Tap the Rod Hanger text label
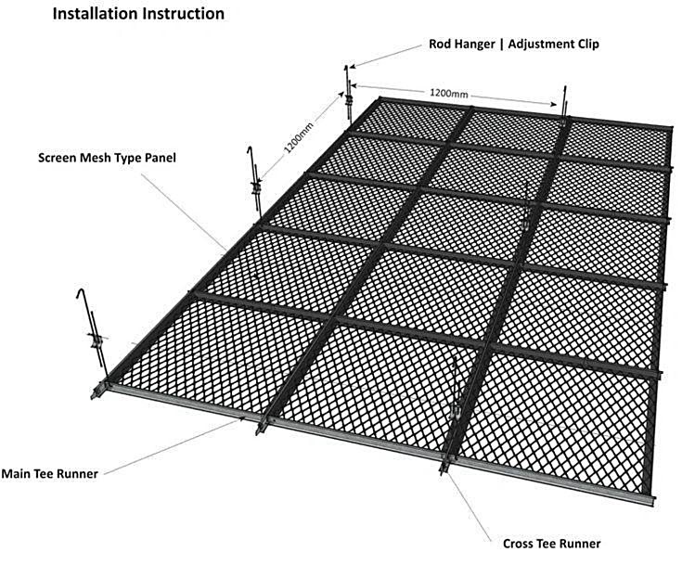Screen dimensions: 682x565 pos(462,44)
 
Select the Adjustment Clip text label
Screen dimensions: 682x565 pos(553,44)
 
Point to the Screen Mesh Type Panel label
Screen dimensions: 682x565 pos(107,158)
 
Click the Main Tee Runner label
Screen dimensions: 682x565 pos(49,473)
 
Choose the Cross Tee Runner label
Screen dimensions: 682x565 pos(551,544)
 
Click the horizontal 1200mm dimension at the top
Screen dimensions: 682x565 pos(449,93)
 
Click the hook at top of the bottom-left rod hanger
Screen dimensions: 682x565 pos(81,293)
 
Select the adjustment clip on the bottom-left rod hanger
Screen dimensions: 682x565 pos(97,340)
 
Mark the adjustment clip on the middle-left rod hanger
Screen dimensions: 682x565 pos(256,188)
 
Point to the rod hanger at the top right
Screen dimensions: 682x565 pos(564,105)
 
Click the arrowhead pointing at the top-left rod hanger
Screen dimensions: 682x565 pos(353,67)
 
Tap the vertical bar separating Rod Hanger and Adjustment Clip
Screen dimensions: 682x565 pos(501,45)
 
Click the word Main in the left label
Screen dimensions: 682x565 pos(14,473)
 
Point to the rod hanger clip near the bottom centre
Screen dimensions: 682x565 pos(457,411)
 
